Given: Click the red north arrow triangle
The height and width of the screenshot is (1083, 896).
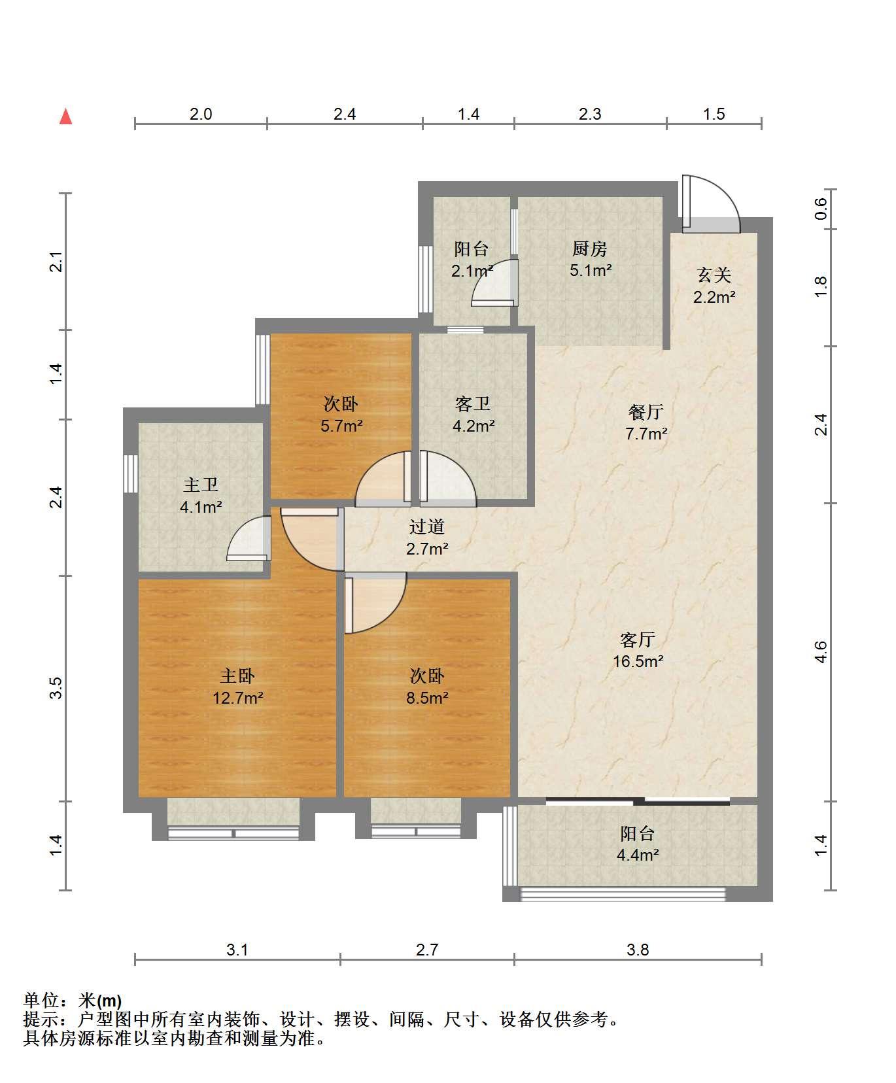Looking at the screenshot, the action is click(x=65, y=116).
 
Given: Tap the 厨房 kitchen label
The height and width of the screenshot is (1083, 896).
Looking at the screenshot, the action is click(x=590, y=249).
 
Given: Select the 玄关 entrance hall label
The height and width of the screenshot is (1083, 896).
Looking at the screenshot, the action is click(x=714, y=275).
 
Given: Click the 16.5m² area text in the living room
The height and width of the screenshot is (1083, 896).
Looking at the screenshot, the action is click(x=638, y=661).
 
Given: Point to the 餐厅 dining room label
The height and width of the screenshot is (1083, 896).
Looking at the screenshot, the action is click(x=646, y=412).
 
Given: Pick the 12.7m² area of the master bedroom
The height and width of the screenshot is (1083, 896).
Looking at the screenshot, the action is click(x=237, y=698).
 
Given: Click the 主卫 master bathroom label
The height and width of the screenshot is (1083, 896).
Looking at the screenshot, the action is click(x=201, y=485).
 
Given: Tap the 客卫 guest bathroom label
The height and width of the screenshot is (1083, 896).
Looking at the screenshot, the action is click(x=473, y=404).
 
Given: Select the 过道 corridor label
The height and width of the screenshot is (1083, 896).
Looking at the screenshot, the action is click(x=427, y=526).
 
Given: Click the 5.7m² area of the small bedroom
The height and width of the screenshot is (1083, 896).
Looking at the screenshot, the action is click(x=341, y=426).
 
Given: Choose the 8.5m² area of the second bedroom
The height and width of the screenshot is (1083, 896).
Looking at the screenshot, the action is click(x=427, y=698).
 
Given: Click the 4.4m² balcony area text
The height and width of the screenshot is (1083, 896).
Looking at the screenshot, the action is click(x=638, y=855).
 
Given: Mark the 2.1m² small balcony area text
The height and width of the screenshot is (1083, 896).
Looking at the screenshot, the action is click(x=472, y=270).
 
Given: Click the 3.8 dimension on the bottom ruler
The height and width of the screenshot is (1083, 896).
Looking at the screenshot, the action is click(x=638, y=950).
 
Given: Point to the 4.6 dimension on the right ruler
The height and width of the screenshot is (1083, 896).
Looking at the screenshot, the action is click(x=821, y=652).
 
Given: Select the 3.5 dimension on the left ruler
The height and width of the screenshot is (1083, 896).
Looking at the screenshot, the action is click(x=56, y=689).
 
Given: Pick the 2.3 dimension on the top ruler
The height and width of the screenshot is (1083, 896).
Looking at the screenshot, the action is click(x=590, y=114).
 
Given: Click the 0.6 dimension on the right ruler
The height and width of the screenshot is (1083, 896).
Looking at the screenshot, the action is click(x=821, y=209).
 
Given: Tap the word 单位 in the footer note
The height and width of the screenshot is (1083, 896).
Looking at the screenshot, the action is click(x=41, y=1001).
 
